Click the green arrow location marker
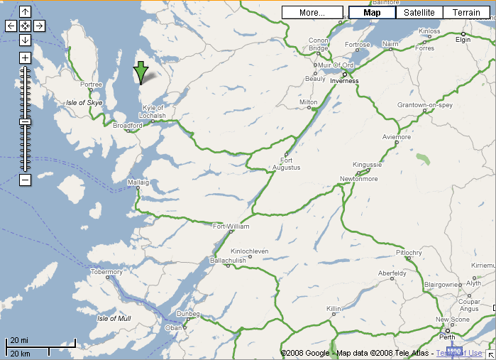point(140,72)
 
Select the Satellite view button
point(419,13)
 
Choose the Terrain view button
point(466,13)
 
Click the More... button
point(312,13)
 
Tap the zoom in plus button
point(25,58)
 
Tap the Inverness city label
point(344,81)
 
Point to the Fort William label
point(231,227)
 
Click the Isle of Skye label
point(84,103)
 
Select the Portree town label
point(92,85)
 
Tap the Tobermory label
point(107,272)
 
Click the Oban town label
point(174,328)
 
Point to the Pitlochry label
point(409,253)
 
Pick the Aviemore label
point(397,136)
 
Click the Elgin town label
point(463,40)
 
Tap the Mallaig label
point(138,182)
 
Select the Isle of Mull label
point(114,318)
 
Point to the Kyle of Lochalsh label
point(154,111)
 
